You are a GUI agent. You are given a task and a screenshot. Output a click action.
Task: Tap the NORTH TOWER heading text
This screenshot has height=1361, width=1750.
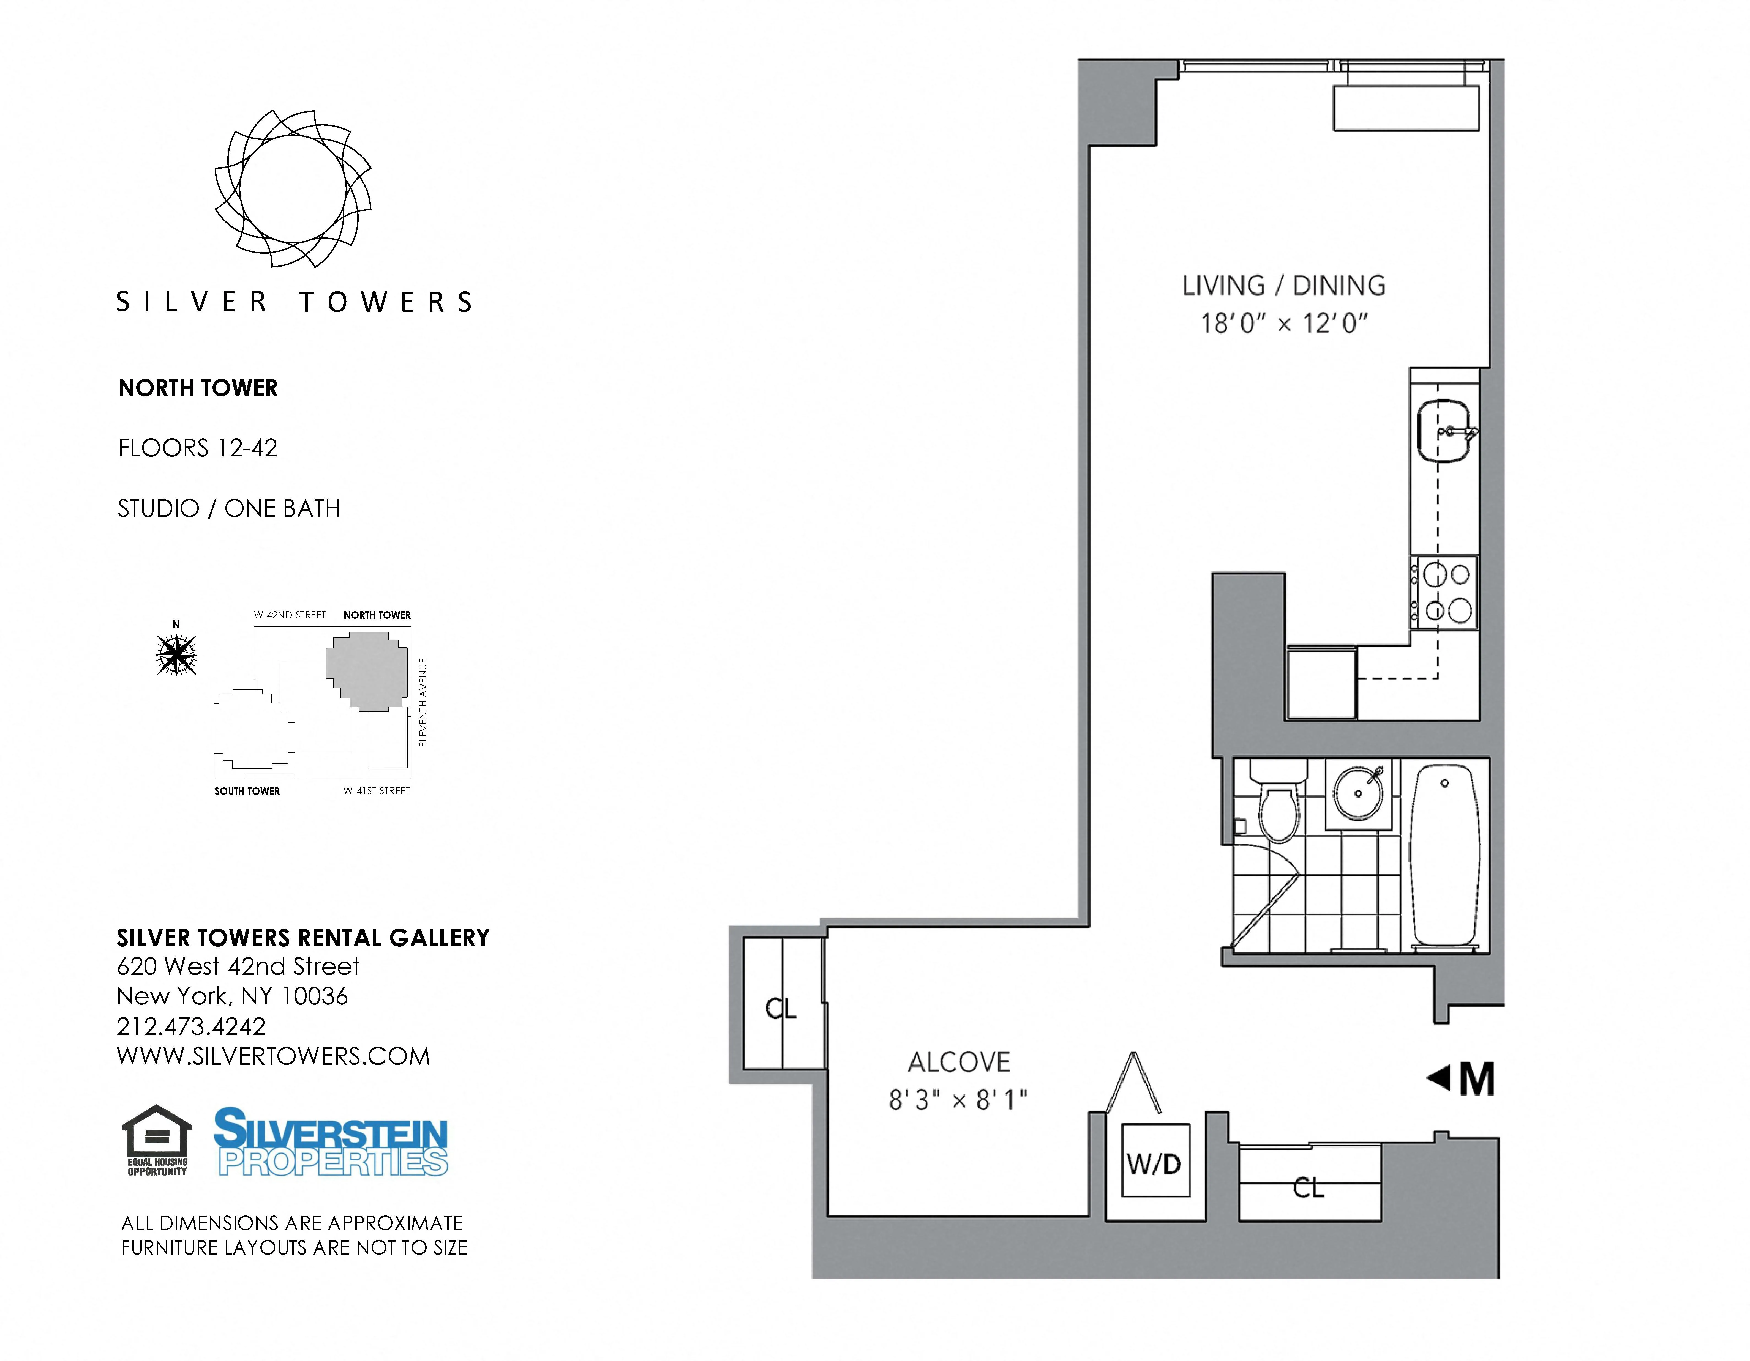click(198, 388)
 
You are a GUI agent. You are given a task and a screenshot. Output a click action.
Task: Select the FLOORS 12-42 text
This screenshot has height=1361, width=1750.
click(197, 448)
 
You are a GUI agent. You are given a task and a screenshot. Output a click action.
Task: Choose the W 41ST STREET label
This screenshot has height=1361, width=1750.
click(377, 791)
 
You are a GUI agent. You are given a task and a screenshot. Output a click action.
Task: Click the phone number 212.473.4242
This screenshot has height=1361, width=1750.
click(191, 1026)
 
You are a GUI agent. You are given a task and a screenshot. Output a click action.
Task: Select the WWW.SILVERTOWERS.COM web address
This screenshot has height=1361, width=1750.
click(273, 1057)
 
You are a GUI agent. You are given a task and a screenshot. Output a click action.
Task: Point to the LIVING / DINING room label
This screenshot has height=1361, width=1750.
click(1284, 286)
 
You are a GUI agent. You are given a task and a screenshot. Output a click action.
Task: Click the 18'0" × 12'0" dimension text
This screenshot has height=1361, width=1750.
click(1284, 324)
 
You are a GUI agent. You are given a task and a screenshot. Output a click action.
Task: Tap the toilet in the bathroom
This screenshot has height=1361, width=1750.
click(1279, 809)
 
